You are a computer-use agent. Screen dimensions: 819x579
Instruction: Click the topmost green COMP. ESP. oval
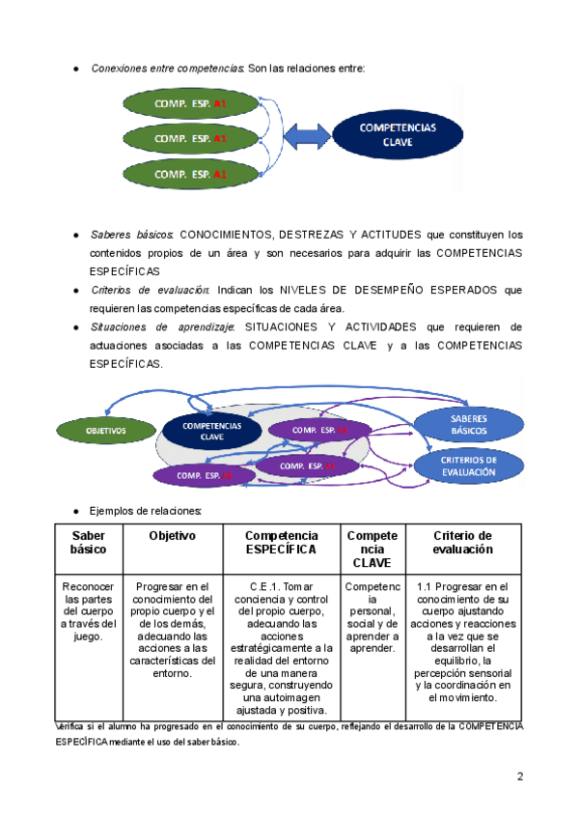(x=190, y=102)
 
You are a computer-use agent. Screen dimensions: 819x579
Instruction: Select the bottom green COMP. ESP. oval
(x=190, y=174)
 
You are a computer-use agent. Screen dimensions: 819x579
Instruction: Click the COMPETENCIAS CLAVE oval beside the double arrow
(x=398, y=134)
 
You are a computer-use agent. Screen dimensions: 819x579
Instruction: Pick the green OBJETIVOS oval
(x=106, y=429)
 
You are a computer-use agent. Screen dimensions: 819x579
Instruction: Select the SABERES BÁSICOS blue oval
(x=469, y=423)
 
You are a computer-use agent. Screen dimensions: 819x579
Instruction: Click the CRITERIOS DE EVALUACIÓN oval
(x=469, y=466)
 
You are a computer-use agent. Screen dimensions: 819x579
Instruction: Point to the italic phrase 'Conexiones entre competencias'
(x=166, y=68)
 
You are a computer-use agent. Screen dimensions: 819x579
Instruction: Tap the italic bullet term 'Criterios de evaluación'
(x=150, y=290)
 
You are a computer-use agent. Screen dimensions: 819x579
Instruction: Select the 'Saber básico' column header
(x=88, y=542)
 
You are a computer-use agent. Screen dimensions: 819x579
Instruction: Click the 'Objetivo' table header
(x=172, y=535)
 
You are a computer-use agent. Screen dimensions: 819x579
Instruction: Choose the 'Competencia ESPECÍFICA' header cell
(x=281, y=542)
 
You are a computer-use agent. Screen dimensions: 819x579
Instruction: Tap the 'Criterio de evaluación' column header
(x=463, y=542)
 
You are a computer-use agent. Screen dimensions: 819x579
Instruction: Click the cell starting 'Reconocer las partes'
(x=88, y=611)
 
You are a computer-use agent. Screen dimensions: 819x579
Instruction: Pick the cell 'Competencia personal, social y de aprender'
(x=372, y=617)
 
